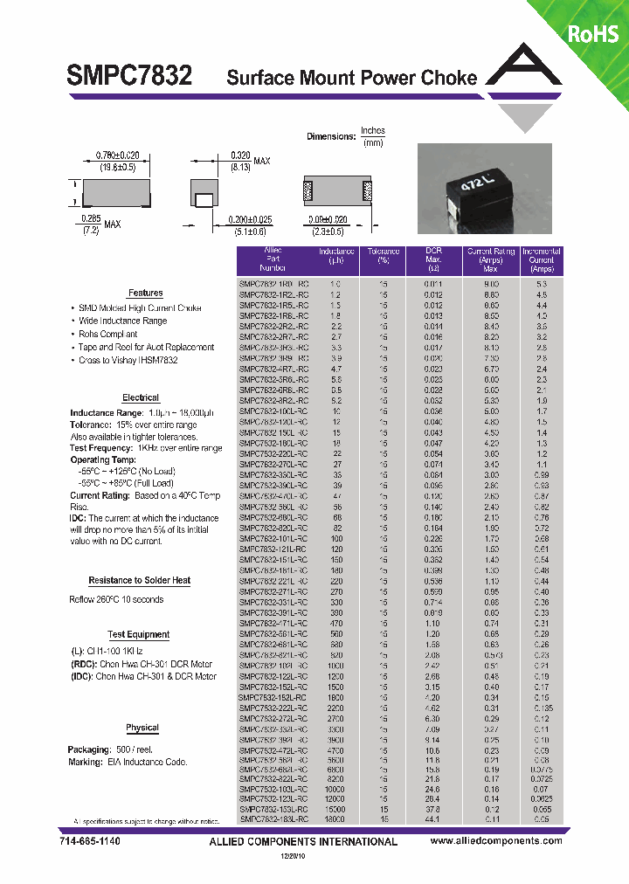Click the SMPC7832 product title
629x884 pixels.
tap(130, 76)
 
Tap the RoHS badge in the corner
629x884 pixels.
tap(593, 34)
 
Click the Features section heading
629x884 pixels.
tap(145, 294)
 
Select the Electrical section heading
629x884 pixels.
tap(141, 397)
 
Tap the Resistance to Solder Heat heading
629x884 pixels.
tap(140, 580)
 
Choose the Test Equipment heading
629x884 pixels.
tap(139, 635)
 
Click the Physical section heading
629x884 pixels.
tap(142, 728)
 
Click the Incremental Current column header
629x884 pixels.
tap(541, 260)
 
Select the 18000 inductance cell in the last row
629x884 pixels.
tap(335, 820)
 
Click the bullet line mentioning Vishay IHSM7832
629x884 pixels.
tap(128, 360)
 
